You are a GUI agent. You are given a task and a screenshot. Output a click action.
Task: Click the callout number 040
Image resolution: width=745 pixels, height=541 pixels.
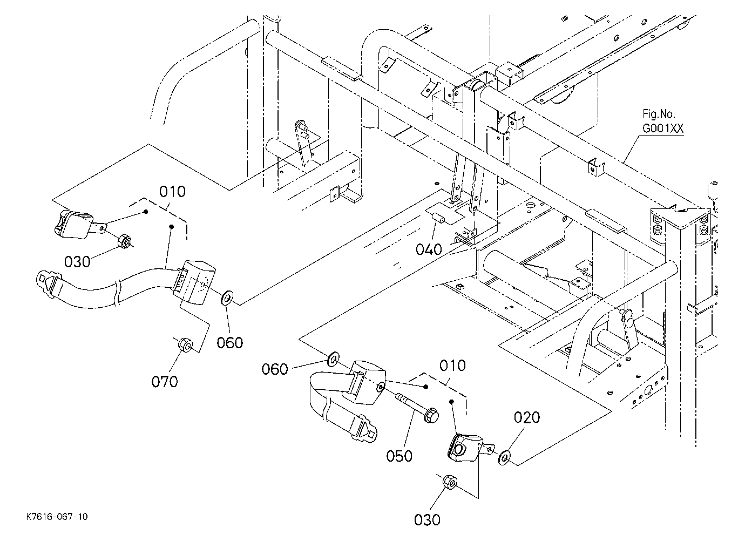[429, 249]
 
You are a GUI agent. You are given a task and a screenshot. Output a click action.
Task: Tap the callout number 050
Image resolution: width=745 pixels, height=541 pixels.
[399, 456]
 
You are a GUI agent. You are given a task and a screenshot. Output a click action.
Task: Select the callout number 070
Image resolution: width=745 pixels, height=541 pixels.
[165, 381]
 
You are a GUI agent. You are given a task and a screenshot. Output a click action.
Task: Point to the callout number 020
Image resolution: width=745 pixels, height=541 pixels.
[527, 417]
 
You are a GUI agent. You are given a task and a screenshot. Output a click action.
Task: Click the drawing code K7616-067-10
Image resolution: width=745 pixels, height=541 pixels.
[57, 516]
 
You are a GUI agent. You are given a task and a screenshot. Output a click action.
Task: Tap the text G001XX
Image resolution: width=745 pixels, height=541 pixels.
[663, 128]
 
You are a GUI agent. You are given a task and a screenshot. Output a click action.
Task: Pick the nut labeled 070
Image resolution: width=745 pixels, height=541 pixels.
[185, 344]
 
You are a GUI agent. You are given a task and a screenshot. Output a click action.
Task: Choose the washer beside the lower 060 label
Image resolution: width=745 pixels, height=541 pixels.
[333, 358]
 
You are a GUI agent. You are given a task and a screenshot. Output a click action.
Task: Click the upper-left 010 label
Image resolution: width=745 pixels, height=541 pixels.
[172, 192]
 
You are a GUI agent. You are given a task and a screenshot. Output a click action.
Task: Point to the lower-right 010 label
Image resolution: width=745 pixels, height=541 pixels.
[452, 366]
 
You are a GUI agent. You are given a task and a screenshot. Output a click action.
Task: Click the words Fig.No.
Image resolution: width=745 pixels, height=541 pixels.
[659, 114]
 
